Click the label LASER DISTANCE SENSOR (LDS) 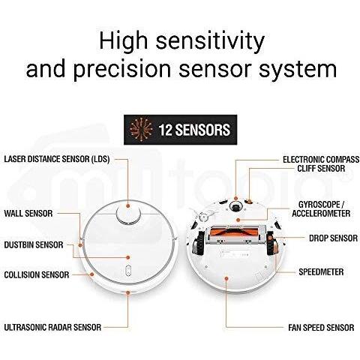pyautogui.click(x=57, y=159)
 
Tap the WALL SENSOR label pyautogui.click(x=28, y=214)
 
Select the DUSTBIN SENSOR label pyautogui.click(x=34, y=244)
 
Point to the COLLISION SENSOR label pyautogui.click(x=37, y=275)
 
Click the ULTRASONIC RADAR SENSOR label pyautogui.click(x=52, y=327)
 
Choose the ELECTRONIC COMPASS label pyautogui.click(x=321, y=160)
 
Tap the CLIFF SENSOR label pyautogui.click(x=321, y=169)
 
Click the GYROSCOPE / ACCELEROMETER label pyautogui.click(x=321, y=209)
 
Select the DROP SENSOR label pyautogui.click(x=333, y=238)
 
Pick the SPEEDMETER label pyautogui.click(x=321, y=272)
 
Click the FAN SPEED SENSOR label pyautogui.click(x=321, y=328)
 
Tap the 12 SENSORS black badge pyautogui.click(x=180, y=130)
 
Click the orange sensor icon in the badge pyautogui.click(x=142, y=130)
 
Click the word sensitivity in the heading pyautogui.click(x=210, y=41)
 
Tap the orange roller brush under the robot pyautogui.click(x=234, y=232)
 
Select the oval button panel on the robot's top pyautogui.click(x=128, y=270)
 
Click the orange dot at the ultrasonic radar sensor pyautogui.click(x=128, y=292)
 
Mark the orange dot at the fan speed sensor pyautogui.click(x=226, y=277)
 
